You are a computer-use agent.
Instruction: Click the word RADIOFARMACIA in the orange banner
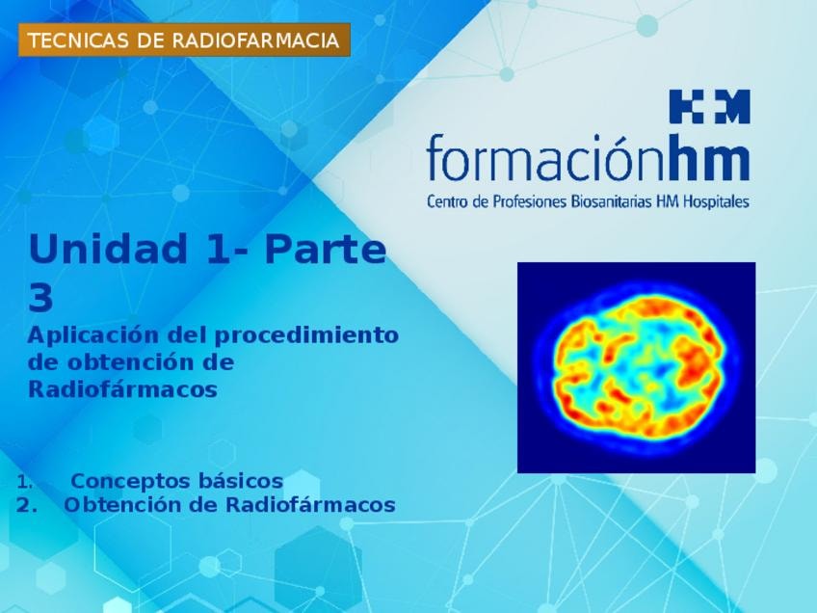pyautogui.click(x=254, y=40)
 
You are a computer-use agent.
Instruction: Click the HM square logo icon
pyautogui.click(x=710, y=106)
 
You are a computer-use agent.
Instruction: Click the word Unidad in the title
pyautogui.click(x=108, y=249)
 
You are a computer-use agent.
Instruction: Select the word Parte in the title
pyautogui.click(x=326, y=249)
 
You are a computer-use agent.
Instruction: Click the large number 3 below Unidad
pyautogui.click(x=41, y=298)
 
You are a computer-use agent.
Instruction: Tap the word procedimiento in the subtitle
pyautogui.click(x=306, y=335)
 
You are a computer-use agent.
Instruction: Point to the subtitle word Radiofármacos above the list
pyautogui.click(x=122, y=389)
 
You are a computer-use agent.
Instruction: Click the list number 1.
pyautogui.click(x=24, y=482)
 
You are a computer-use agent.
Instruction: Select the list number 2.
pyautogui.click(x=26, y=506)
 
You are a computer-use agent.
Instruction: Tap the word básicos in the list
pyautogui.click(x=241, y=481)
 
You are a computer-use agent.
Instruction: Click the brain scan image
pyautogui.click(x=636, y=367)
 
